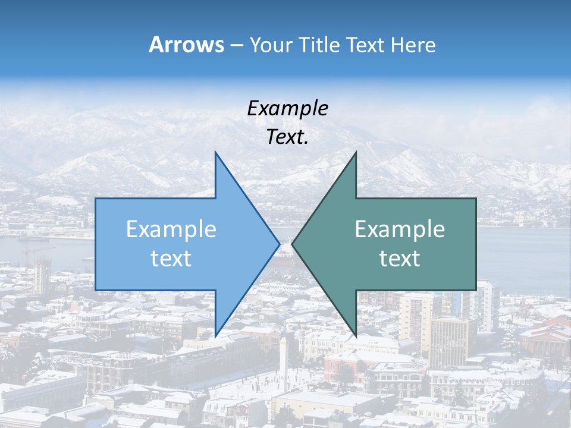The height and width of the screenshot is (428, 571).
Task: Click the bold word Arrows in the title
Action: tap(186, 45)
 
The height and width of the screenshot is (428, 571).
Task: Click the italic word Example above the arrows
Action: tap(287, 108)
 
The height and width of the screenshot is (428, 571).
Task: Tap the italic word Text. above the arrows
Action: tap(287, 137)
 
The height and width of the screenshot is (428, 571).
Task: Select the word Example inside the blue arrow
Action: tap(171, 229)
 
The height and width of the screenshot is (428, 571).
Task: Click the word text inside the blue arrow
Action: tap(171, 259)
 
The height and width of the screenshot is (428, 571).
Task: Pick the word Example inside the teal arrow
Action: tap(400, 229)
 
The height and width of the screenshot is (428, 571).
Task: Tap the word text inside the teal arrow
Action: tap(400, 259)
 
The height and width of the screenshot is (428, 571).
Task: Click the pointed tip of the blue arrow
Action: tap(279, 244)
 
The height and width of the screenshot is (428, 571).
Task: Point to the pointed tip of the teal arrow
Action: tap(293, 244)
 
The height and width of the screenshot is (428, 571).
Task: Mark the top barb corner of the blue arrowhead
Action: tap(215, 153)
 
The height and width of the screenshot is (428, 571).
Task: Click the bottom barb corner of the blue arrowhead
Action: tap(215, 336)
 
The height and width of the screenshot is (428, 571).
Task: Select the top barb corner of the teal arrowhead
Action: tap(356, 153)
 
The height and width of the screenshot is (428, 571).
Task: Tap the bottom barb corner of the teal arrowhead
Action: tap(356, 336)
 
